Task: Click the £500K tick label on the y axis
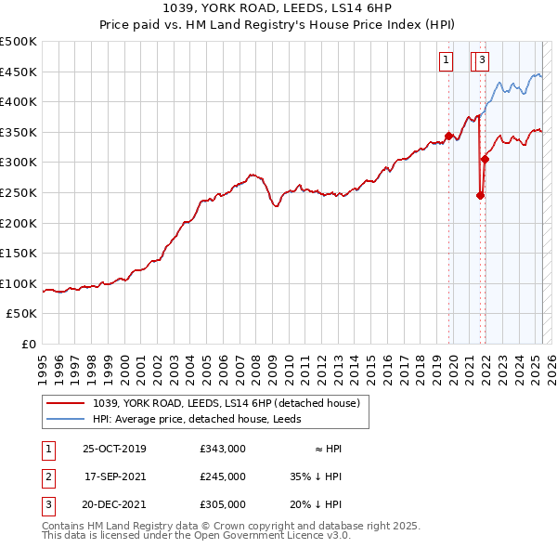click(19, 42)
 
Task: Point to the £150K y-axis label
click(19, 254)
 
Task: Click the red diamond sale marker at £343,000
click(449, 136)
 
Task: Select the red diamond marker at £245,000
click(480, 195)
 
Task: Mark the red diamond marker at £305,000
click(485, 159)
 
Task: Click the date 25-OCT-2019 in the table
click(114, 448)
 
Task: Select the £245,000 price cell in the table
click(223, 476)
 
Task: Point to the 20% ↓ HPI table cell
click(316, 505)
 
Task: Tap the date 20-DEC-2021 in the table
click(114, 505)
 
